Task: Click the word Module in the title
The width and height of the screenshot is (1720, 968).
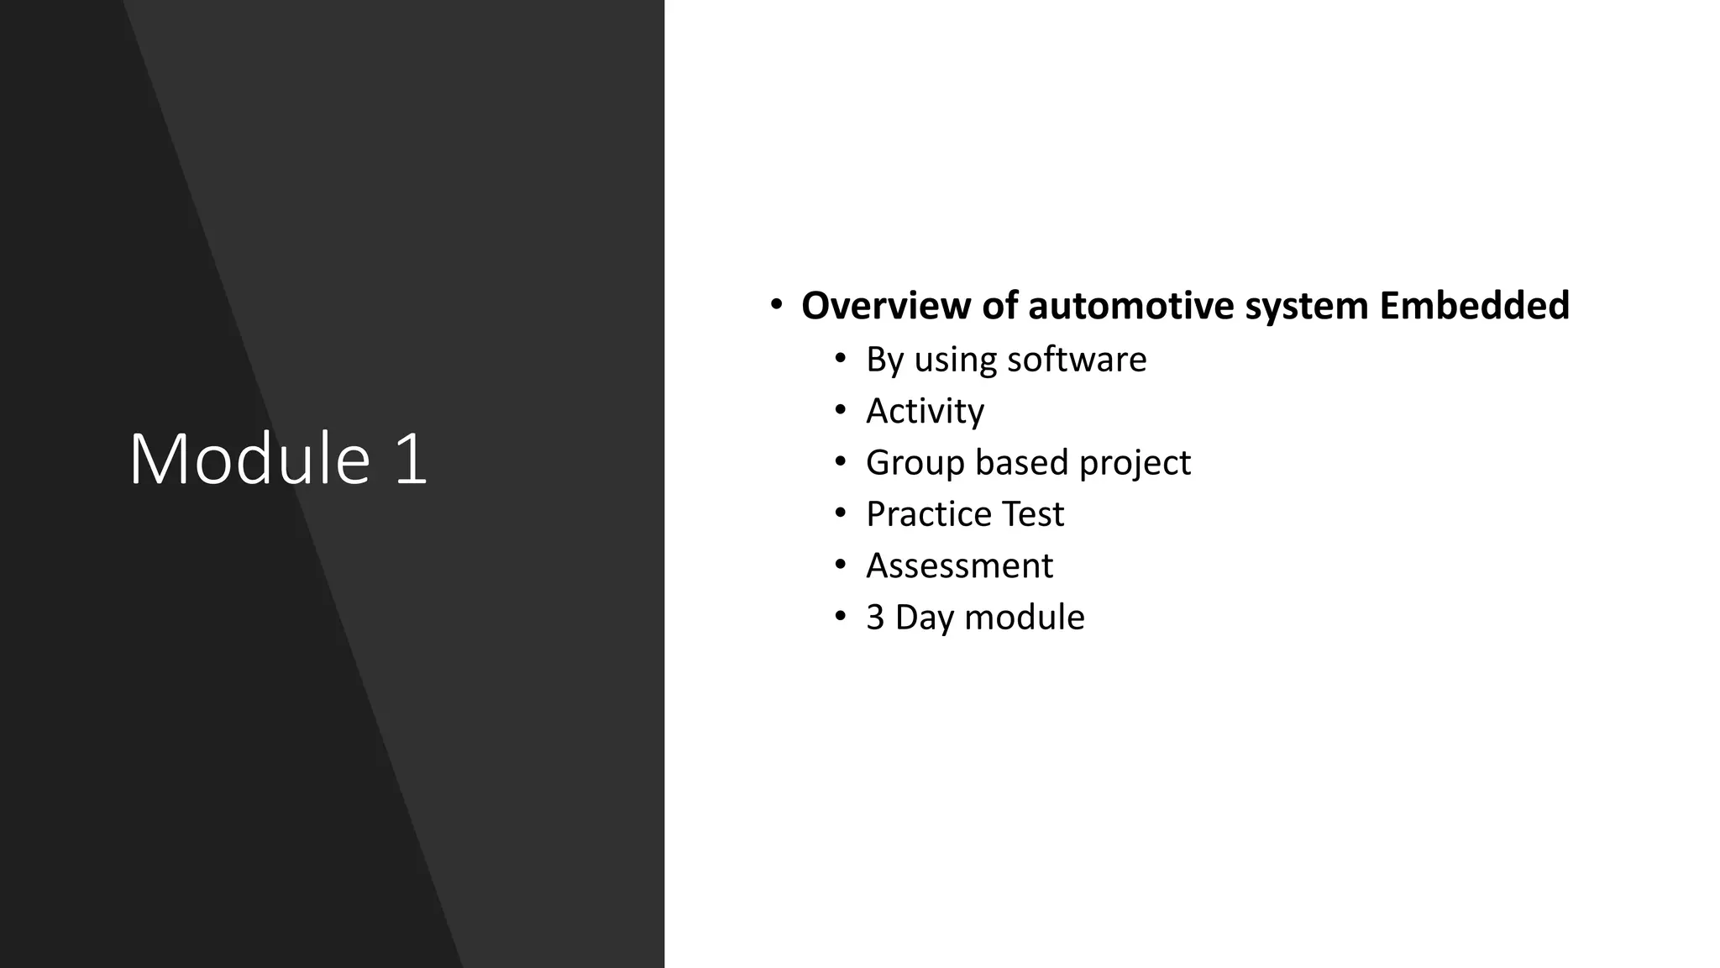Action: [249, 459]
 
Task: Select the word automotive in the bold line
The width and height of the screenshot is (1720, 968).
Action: [1131, 305]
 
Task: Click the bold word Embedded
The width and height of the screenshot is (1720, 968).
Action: [1474, 305]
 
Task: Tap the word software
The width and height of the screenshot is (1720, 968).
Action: [1077, 360]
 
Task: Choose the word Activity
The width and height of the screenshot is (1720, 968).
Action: [925, 412]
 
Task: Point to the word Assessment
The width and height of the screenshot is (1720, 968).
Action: [959, 566]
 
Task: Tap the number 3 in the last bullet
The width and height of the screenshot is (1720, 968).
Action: [875, 618]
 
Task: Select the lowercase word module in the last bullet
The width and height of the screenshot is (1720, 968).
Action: [1025, 618]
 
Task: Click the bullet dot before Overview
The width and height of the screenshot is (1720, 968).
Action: [776, 303]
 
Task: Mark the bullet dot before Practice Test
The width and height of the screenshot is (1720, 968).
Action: [841, 513]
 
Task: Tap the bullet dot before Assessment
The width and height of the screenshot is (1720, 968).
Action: [841, 565]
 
